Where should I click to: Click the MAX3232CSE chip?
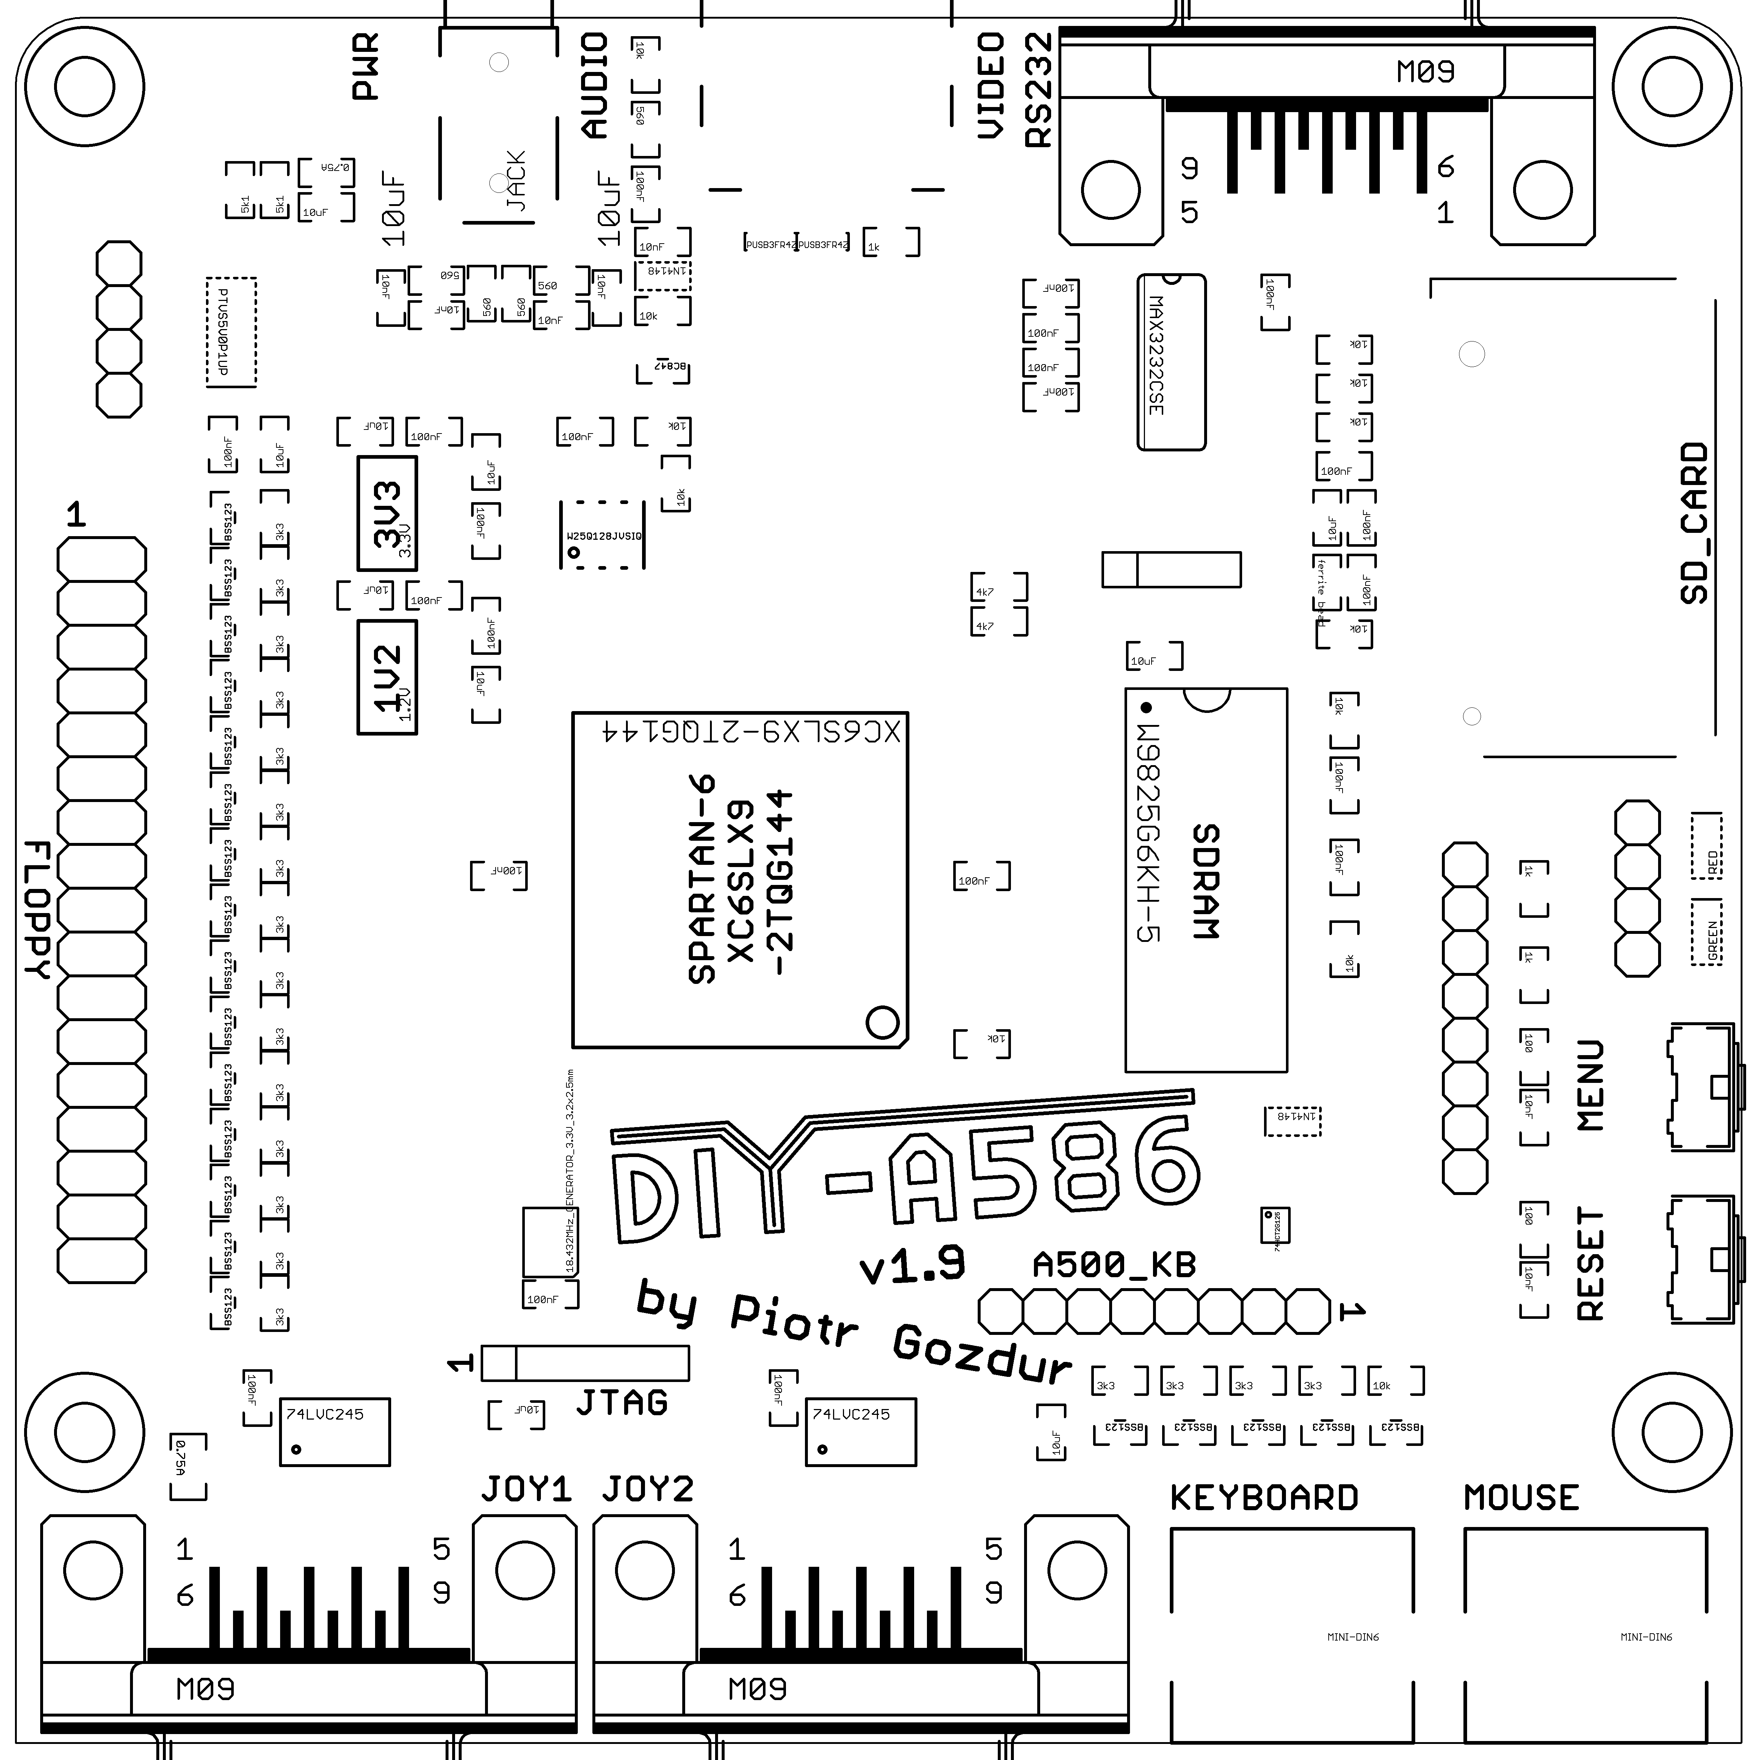pyautogui.click(x=1171, y=363)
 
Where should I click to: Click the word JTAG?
pyautogui.click(x=622, y=1402)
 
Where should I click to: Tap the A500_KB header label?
pyautogui.click(x=1113, y=1265)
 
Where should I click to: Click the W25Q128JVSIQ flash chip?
pyautogui.click(x=603, y=536)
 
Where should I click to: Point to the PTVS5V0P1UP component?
pyautogui.click(x=232, y=332)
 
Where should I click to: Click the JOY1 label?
pyautogui.click(x=526, y=1489)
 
